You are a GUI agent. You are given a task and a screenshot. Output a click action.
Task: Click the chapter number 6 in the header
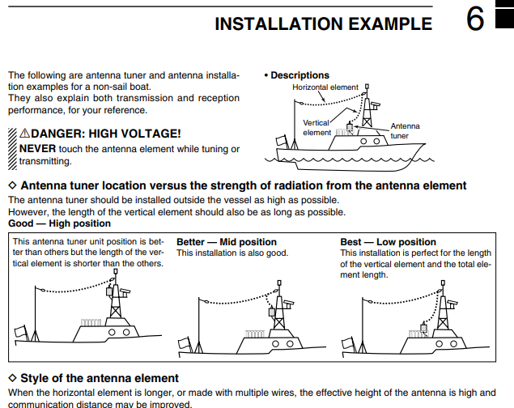475,20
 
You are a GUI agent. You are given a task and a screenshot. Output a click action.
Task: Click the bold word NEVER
37,149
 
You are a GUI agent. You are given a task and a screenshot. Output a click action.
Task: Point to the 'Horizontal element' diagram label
325,87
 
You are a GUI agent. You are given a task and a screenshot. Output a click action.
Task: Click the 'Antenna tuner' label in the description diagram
405,130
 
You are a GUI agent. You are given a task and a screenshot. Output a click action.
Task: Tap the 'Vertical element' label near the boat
316,127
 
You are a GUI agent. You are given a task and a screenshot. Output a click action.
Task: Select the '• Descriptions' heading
296,75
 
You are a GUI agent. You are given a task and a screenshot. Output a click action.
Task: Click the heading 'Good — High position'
59,223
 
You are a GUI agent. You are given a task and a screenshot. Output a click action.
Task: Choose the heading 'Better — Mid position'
227,242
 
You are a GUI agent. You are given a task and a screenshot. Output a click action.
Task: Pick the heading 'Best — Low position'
388,242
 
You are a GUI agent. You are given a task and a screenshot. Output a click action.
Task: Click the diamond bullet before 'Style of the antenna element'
12,378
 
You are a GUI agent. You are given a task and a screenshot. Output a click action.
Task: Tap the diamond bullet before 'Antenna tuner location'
12,185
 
